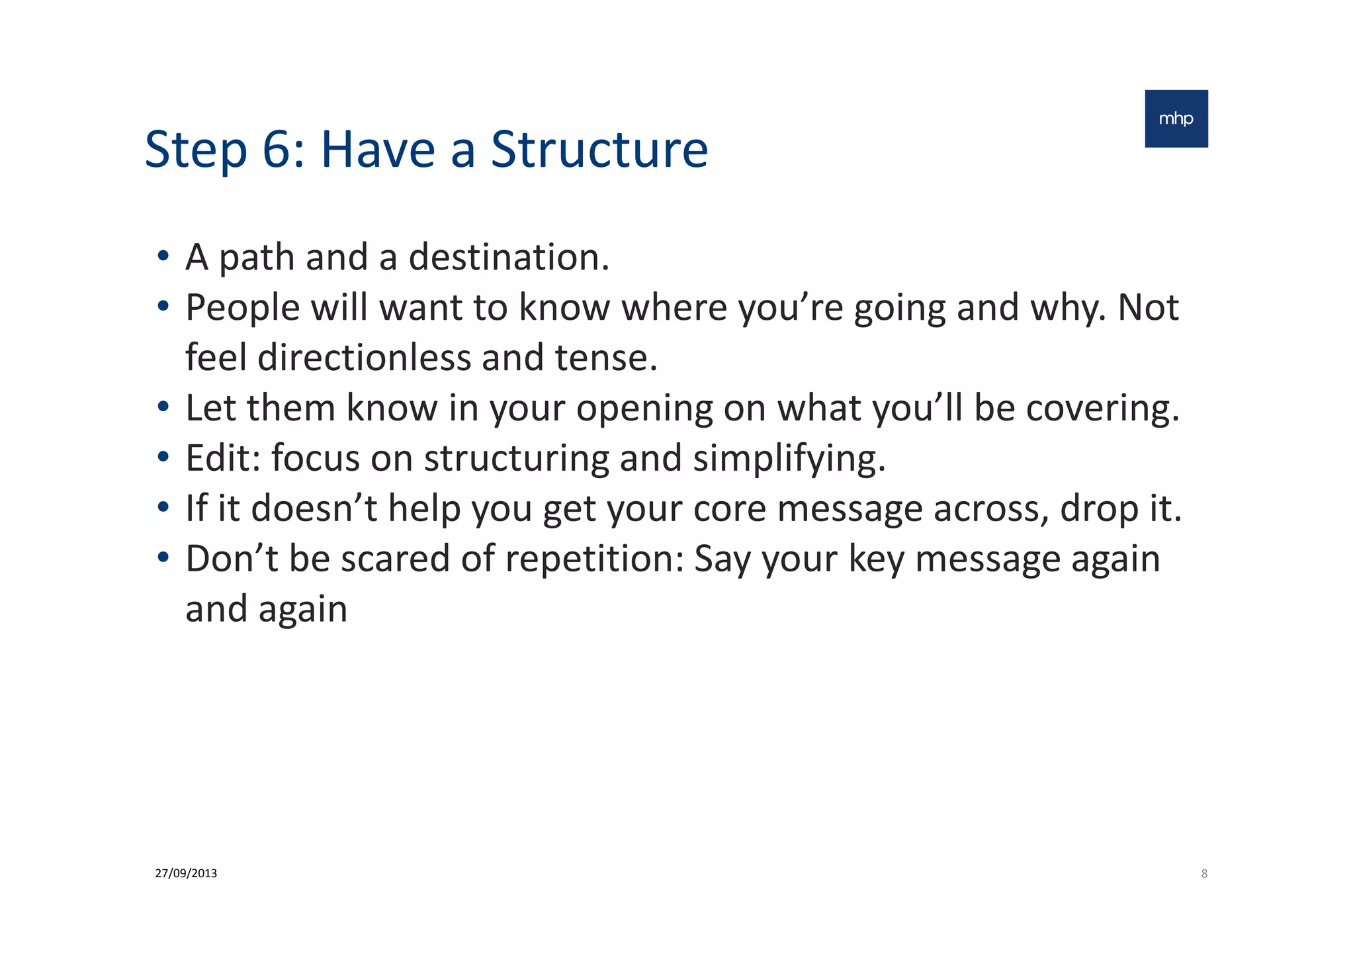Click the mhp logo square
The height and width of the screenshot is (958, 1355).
pos(1176,119)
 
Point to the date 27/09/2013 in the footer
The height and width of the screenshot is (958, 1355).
pos(186,873)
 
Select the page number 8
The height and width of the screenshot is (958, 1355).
pos(1204,874)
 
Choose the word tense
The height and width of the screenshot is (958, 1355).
pos(605,358)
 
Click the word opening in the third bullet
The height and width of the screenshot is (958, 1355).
pos(644,408)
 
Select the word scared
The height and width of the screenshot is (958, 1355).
pos(395,559)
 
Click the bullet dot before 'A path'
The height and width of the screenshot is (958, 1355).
pos(163,256)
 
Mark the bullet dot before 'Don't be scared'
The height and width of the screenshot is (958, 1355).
pos(163,557)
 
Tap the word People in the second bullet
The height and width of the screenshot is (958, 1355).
pos(242,308)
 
